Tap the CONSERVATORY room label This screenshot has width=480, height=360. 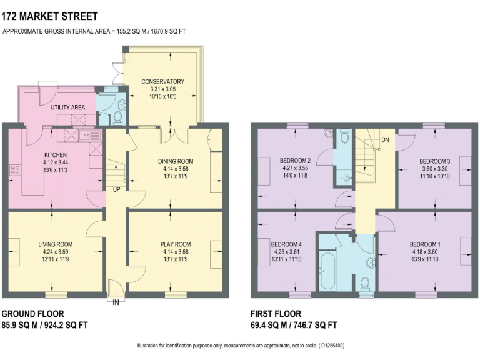coord(162,82)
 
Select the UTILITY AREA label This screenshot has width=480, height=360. coord(68,107)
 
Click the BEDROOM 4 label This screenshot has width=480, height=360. coord(286,244)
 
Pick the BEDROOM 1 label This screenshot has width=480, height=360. coord(425,244)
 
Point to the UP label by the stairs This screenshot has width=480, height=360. coord(116,189)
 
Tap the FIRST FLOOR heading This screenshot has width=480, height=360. coord(276,314)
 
